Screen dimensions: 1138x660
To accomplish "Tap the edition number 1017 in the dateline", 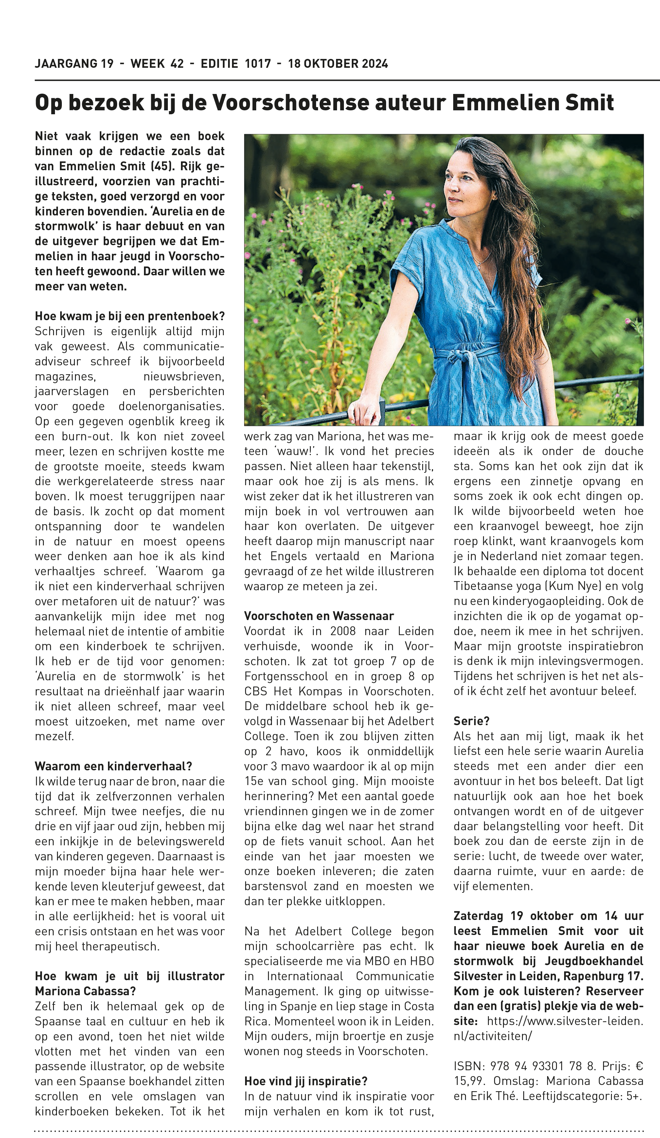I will [x=258, y=64].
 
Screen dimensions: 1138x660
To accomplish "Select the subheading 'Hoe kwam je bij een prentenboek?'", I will [x=130, y=316].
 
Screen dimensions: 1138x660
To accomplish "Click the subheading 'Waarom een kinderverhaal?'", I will [x=113, y=766].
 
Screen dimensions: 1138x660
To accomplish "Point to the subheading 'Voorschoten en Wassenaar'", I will [x=319, y=616].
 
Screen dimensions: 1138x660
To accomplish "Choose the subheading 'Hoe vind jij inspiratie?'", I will [x=306, y=1081].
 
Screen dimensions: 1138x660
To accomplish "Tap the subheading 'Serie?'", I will [x=471, y=721].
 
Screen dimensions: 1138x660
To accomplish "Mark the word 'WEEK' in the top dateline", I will [x=148, y=64].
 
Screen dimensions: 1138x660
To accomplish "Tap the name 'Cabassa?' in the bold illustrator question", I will [x=108, y=991].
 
